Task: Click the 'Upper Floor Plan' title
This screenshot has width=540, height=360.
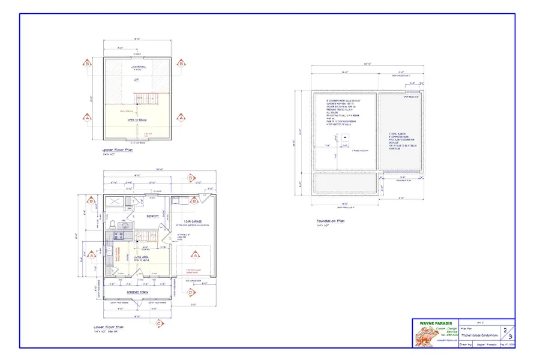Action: pyautogui.click(x=118, y=151)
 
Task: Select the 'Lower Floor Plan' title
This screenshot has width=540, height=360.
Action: pyautogui.click(x=109, y=327)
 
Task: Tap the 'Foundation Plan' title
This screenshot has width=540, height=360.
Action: pyautogui.click(x=331, y=221)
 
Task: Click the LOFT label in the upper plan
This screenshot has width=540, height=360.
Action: pyautogui.click(x=137, y=79)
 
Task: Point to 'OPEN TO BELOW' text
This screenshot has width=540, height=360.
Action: pyautogui.click(x=138, y=119)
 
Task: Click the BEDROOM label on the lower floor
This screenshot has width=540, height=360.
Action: pyautogui.click(x=152, y=216)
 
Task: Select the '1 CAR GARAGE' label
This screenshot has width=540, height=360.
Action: pyautogui.click(x=193, y=221)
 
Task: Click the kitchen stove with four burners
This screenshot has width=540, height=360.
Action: pyautogui.click(x=110, y=238)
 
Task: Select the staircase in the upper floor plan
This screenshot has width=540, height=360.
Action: pyautogui.click(x=143, y=99)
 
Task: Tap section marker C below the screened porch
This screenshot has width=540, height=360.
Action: pyautogui.click(x=159, y=323)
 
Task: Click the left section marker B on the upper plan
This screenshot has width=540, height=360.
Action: pyautogui.click(x=88, y=63)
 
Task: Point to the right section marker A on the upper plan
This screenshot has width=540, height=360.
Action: pyautogui.click(x=180, y=118)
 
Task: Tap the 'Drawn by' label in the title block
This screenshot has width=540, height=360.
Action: pyautogui.click(x=465, y=344)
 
